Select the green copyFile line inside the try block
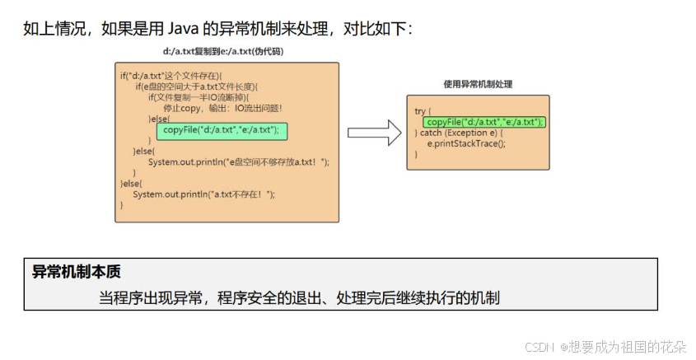pyautogui.click(x=485, y=122)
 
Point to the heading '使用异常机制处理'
pyautogui.click(x=477, y=84)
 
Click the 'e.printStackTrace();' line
pyautogui.click(x=466, y=143)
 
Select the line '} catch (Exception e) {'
pyautogui.click(x=461, y=133)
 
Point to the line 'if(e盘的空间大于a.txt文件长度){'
pyautogui.click(x=197, y=86)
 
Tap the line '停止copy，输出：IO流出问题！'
pyautogui.click(x=222, y=108)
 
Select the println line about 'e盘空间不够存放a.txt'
pyautogui.click(x=238, y=162)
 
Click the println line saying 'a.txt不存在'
pyautogui.click(x=203, y=194)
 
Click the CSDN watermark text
pyautogui.click(x=540, y=347)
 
